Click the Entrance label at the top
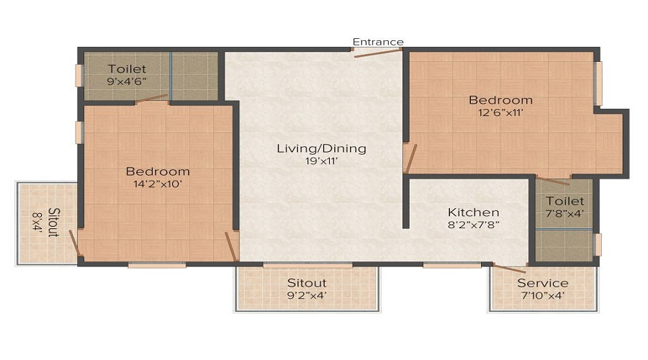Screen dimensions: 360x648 coord(378,42)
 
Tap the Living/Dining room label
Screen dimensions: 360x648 coord(322,149)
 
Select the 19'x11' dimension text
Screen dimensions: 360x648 coord(322,161)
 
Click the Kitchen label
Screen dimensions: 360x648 coord(473,212)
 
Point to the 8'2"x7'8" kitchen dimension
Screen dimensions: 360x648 coord(473,225)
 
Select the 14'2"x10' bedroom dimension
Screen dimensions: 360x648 coord(158,184)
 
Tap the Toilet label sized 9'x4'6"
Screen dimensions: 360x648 coord(127,69)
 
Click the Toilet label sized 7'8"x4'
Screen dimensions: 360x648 coord(564,202)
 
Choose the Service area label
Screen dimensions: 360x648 coord(543,283)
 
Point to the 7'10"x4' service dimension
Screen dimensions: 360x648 coord(543,295)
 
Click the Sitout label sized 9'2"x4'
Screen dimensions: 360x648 coord(307,283)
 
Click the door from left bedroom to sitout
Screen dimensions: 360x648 coord(74,243)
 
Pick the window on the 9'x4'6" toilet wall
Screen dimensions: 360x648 coord(80,76)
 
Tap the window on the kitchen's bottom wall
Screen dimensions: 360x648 coord(451,265)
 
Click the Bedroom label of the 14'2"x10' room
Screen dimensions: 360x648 coord(158,171)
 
